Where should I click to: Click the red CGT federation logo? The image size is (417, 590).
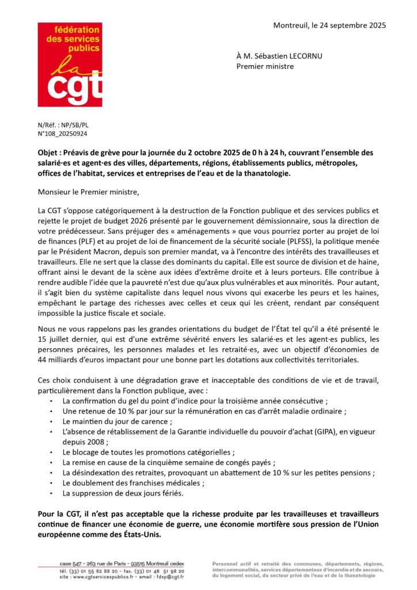coord(70,65)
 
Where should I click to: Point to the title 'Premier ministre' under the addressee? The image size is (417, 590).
coord(265,66)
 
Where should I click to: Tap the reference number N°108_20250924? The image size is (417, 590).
coord(63,133)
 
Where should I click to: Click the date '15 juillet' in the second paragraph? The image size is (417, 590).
coord(56,339)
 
